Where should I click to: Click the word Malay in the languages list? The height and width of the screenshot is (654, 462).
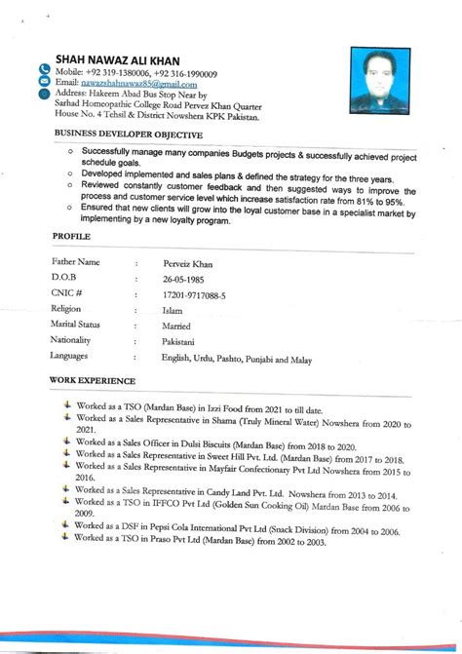(299, 360)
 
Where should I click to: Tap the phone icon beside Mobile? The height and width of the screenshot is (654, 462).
(44, 69)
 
